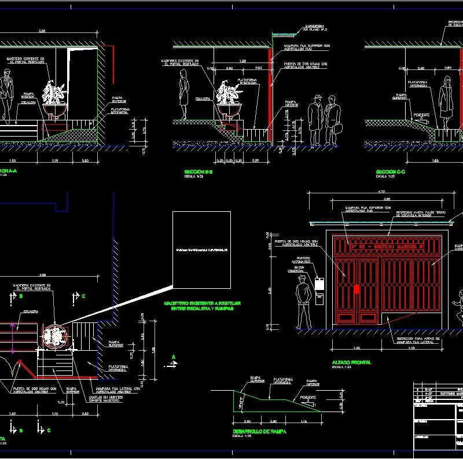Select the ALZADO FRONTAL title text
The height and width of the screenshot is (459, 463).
[x=351, y=362]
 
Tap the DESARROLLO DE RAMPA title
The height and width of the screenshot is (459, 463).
[x=255, y=431]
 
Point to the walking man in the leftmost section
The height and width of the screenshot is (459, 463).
[x=6, y=96]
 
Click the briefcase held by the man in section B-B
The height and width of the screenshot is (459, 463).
[x=337, y=128]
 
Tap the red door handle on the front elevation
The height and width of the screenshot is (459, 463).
[x=357, y=289]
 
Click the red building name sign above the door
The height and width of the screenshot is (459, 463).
[x=387, y=246]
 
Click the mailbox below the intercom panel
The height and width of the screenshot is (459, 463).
[x=318, y=299]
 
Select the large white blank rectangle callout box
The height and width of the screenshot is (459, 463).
[x=201, y=250]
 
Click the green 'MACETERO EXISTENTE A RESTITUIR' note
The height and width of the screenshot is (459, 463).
[x=201, y=306]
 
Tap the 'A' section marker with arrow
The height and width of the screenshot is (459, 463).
[x=173, y=361]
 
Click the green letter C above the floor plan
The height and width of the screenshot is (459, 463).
[x=83, y=296]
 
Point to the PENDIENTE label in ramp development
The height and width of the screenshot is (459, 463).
[x=308, y=398]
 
